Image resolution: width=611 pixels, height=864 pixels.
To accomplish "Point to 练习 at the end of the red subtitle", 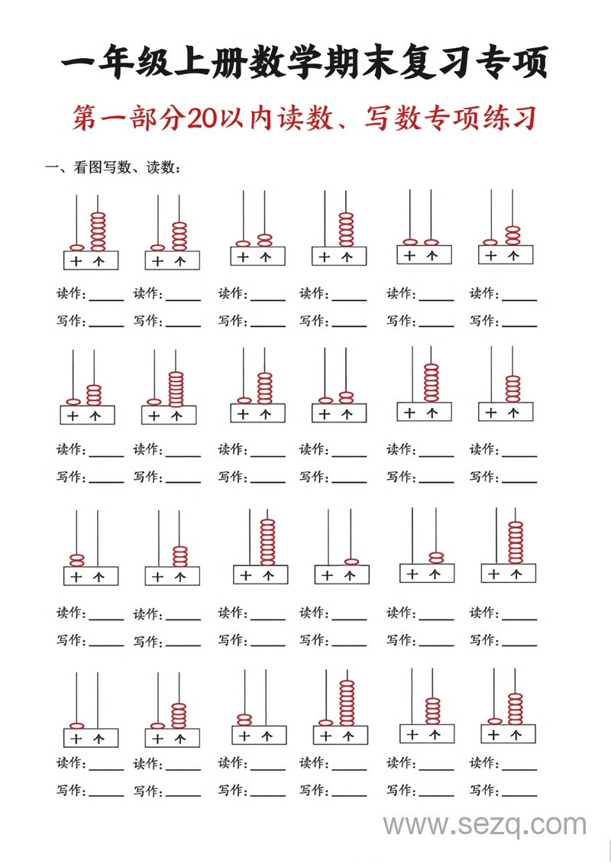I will click(509, 118).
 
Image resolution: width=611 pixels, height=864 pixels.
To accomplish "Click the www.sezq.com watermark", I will click(485, 825).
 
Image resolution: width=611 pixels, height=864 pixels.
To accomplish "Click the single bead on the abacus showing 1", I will click(351, 561).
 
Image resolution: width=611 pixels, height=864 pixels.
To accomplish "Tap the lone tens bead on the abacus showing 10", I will click(76, 725).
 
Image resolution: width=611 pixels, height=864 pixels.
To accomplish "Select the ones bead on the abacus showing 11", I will click(432, 242).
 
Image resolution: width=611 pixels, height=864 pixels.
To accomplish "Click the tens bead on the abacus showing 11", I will click(410, 242).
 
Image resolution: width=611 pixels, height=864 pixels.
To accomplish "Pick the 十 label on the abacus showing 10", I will click(76, 739).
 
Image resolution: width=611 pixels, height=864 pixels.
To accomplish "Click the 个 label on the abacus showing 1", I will click(349, 575).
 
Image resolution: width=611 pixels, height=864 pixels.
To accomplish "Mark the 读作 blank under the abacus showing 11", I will click(436, 297).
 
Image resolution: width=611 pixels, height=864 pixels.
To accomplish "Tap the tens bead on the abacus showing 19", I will click(326, 722).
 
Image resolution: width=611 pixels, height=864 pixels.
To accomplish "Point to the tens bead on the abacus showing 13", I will click(490, 242).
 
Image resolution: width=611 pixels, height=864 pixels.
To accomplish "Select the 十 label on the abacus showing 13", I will click(490, 256).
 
